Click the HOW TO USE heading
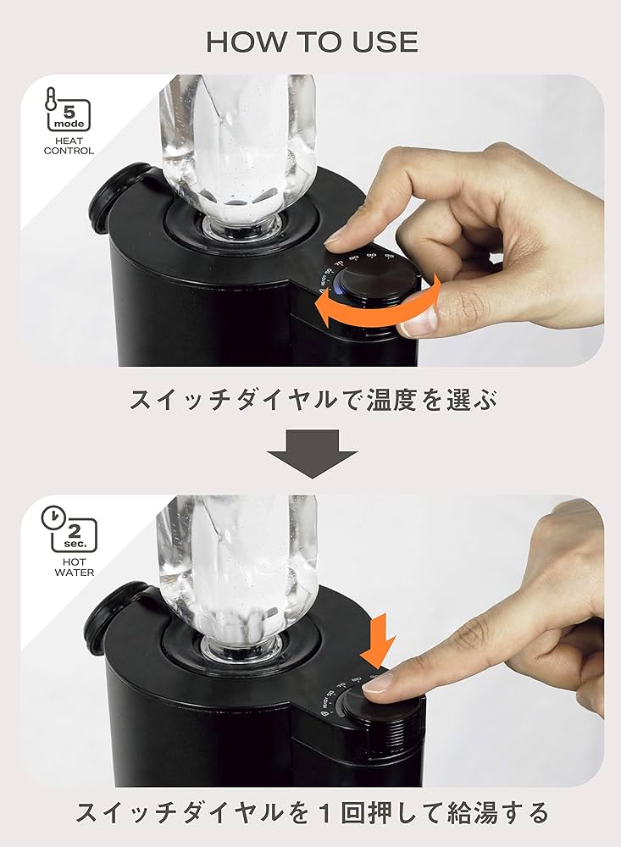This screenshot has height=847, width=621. pyautogui.click(x=311, y=42)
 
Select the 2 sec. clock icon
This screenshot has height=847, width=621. pyautogui.click(x=69, y=530)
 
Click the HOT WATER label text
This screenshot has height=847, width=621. pyautogui.click(x=69, y=566)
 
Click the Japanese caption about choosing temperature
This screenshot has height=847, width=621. pyautogui.click(x=311, y=398)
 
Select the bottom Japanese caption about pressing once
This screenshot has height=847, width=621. pyautogui.click(x=311, y=813)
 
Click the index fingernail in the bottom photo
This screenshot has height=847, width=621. pyautogui.click(x=379, y=682)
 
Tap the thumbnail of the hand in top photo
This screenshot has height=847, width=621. pyautogui.click(x=420, y=321)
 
